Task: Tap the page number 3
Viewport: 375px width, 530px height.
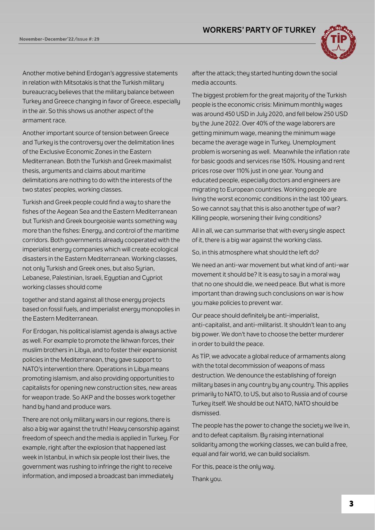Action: (351, 504)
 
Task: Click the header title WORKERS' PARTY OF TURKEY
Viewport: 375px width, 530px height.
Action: (259, 30)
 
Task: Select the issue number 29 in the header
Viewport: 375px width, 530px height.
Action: (96, 39)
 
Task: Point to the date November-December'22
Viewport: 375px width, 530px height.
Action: (47, 39)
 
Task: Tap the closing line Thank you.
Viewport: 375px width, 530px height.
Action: (207, 479)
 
